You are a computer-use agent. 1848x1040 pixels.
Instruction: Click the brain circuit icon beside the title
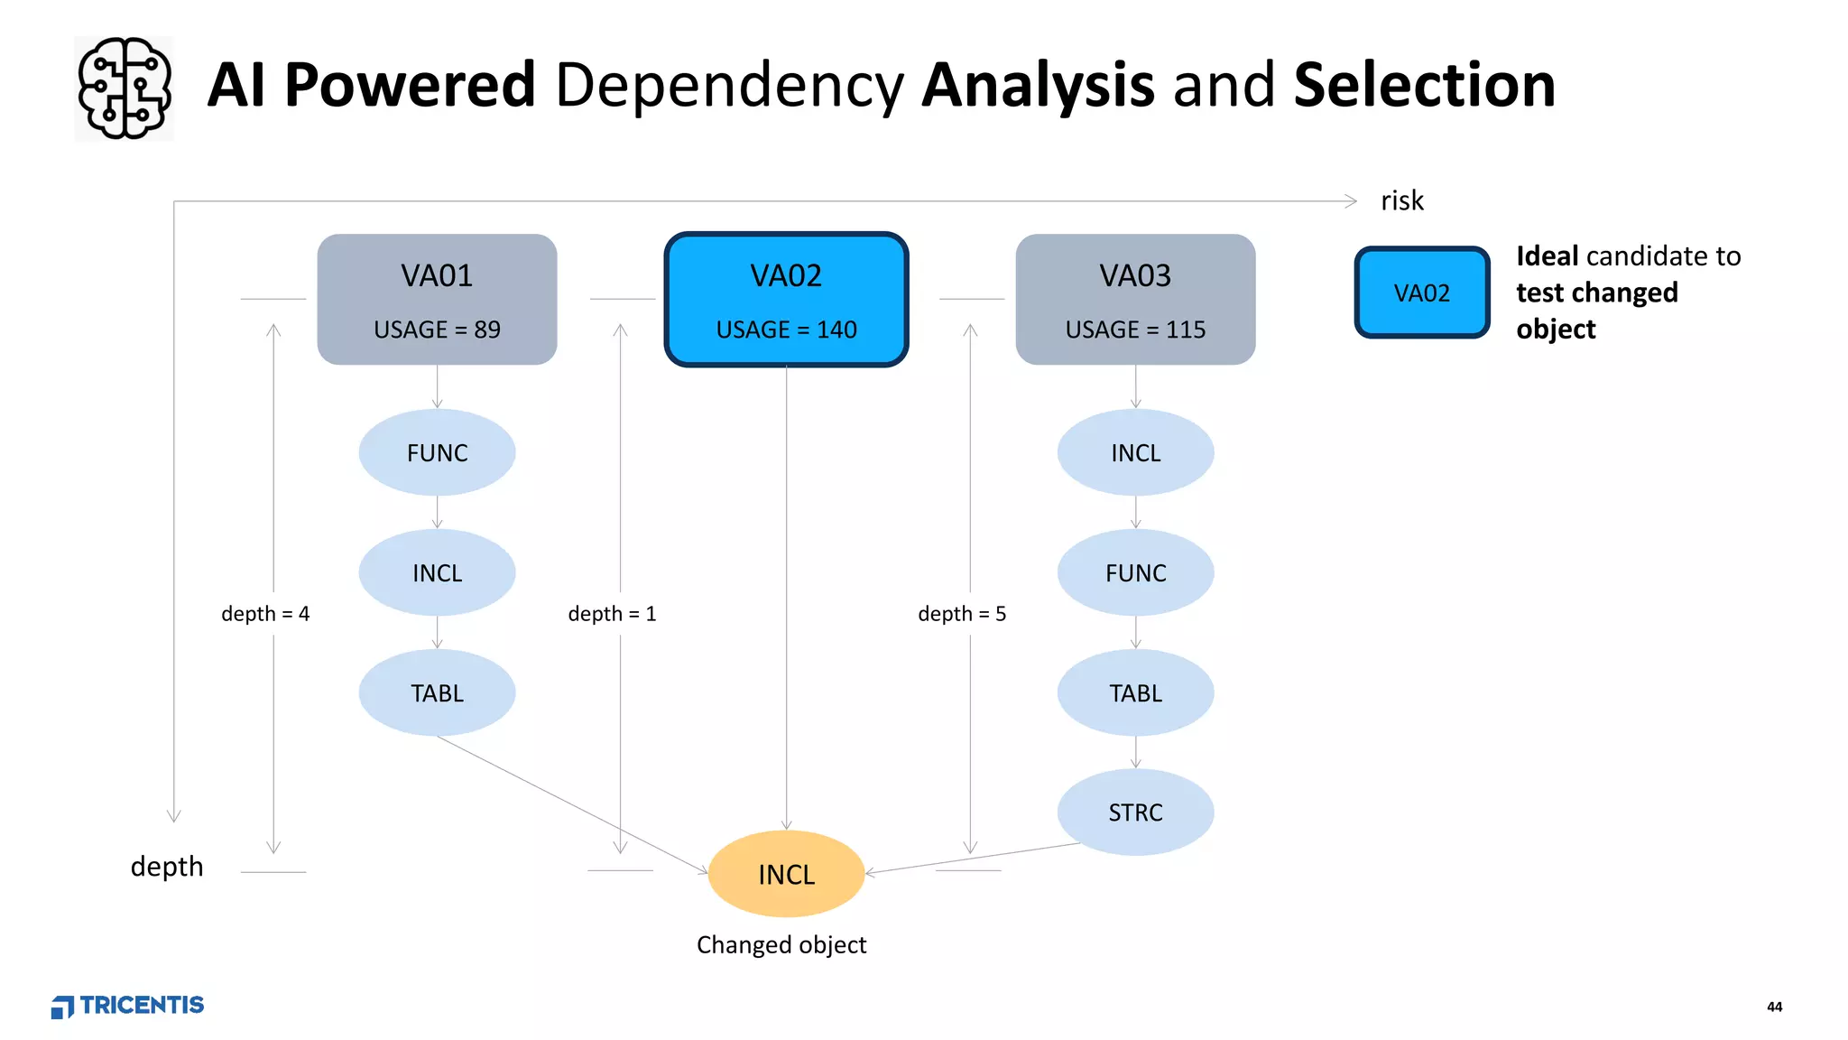pos(124,88)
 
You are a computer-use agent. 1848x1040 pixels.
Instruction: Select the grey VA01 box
pos(437,300)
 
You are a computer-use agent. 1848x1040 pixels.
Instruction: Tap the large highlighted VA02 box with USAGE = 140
pos(786,300)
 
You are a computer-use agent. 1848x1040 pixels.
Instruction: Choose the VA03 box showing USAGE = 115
pos(1135,300)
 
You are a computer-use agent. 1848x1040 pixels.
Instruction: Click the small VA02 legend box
pos(1421,292)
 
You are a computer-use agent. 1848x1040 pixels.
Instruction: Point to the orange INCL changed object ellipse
pos(786,874)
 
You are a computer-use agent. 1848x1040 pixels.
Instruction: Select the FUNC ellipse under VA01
pos(437,452)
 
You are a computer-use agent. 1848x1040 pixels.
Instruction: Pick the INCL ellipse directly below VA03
pos(1135,452)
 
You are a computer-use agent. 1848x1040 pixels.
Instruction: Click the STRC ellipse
pos(1135,812)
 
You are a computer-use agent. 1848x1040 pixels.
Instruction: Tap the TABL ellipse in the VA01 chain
pos(437,692)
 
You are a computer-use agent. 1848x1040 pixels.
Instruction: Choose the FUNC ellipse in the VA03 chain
pos(1135,572)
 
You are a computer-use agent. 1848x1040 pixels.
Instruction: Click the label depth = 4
pos(265,614)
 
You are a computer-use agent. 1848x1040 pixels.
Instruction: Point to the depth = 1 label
pos(612,614)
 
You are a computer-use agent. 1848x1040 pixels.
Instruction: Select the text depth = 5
pos(962,614)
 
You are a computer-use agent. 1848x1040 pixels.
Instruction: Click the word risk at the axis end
pos(1401,200)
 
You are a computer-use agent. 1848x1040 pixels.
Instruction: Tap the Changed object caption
pos(781,944)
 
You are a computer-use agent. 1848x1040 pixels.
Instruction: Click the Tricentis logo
pos(127,1006)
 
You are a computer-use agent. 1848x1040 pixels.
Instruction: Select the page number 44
pos(1774,1007)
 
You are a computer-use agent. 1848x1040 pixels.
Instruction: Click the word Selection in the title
pos(1424,86)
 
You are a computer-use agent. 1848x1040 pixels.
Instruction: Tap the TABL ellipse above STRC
pos(1135,692)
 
